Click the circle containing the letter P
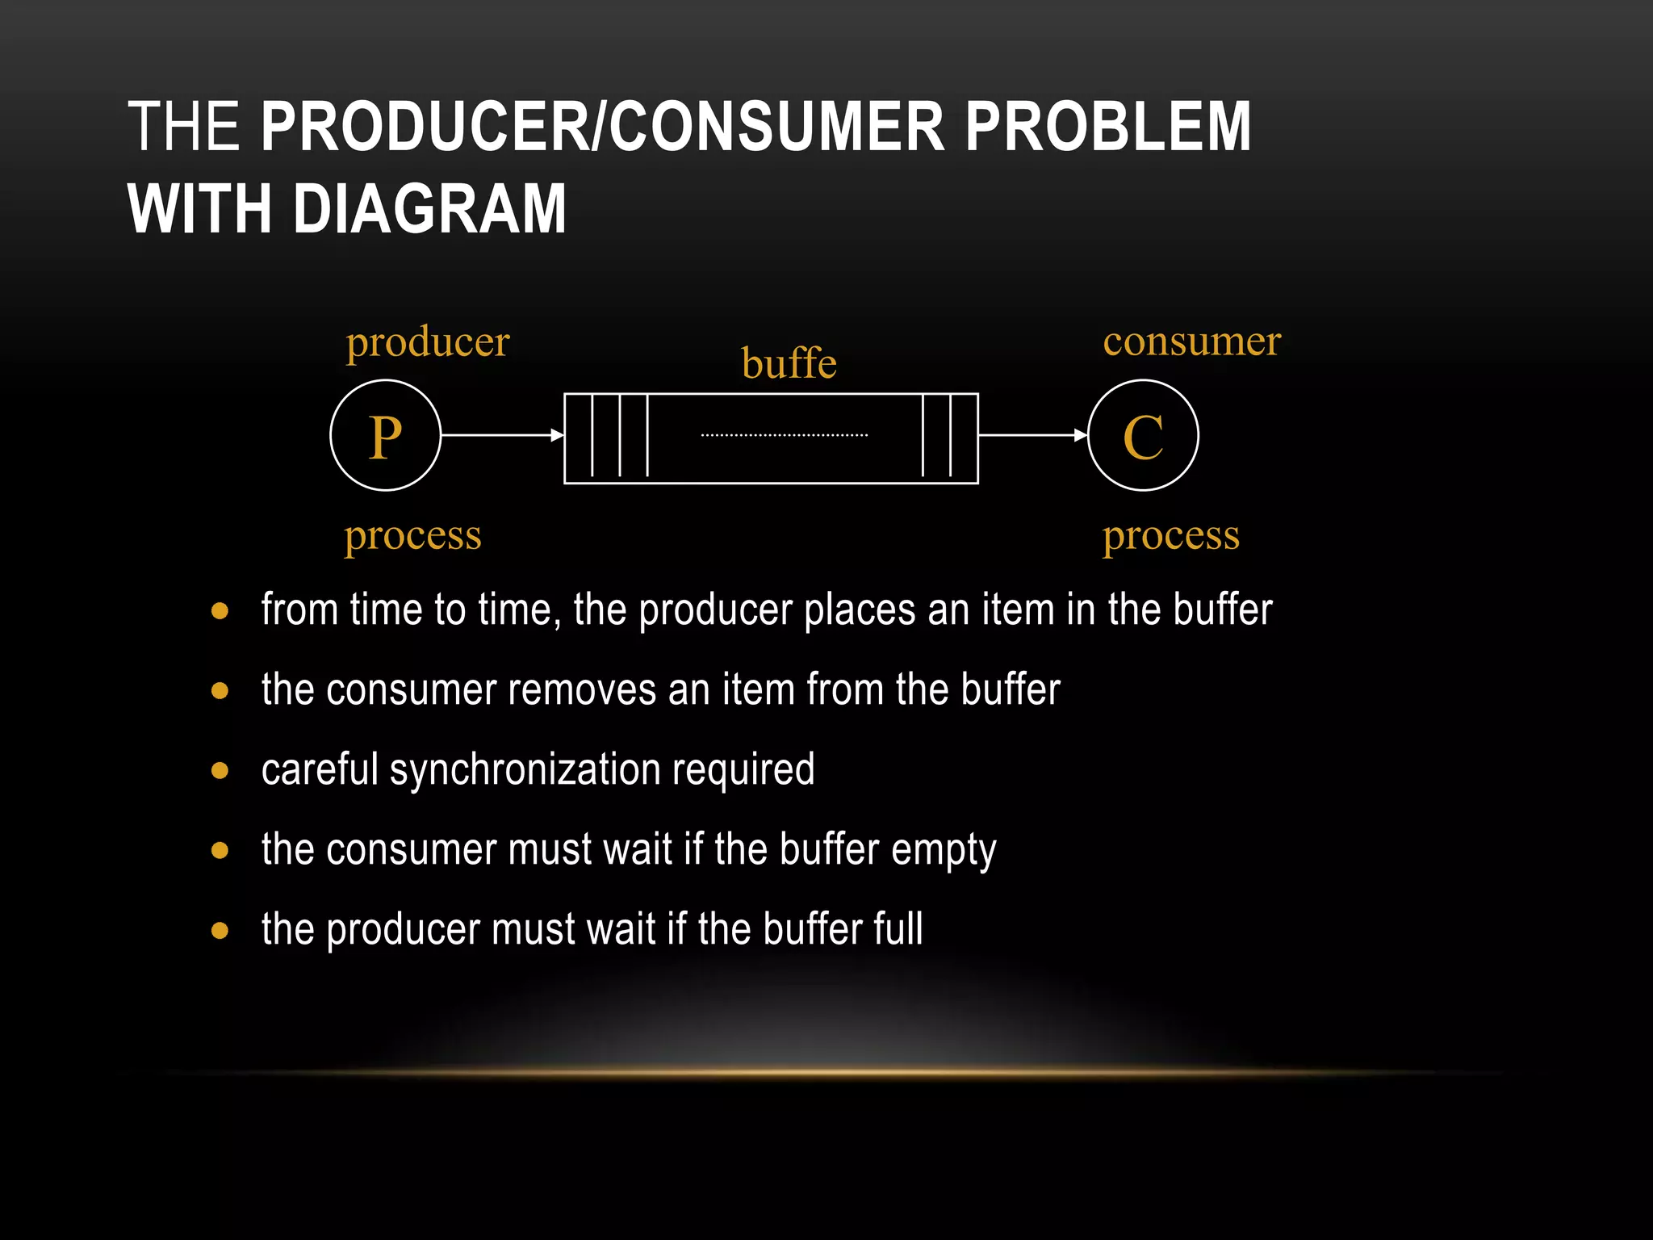point(385,435)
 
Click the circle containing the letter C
point(1143,435)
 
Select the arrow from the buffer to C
point(1032,435)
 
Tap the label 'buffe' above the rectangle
point(789,363)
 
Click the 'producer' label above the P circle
point(428,342)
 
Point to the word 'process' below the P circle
point(412,536)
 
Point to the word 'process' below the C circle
point(1170,536)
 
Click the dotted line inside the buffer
point(784,436)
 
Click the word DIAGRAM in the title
point(429,209)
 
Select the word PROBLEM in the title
point(1107,127)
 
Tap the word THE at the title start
point(183,127)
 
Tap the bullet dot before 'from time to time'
point(220,611)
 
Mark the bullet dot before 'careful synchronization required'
point(220,771)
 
